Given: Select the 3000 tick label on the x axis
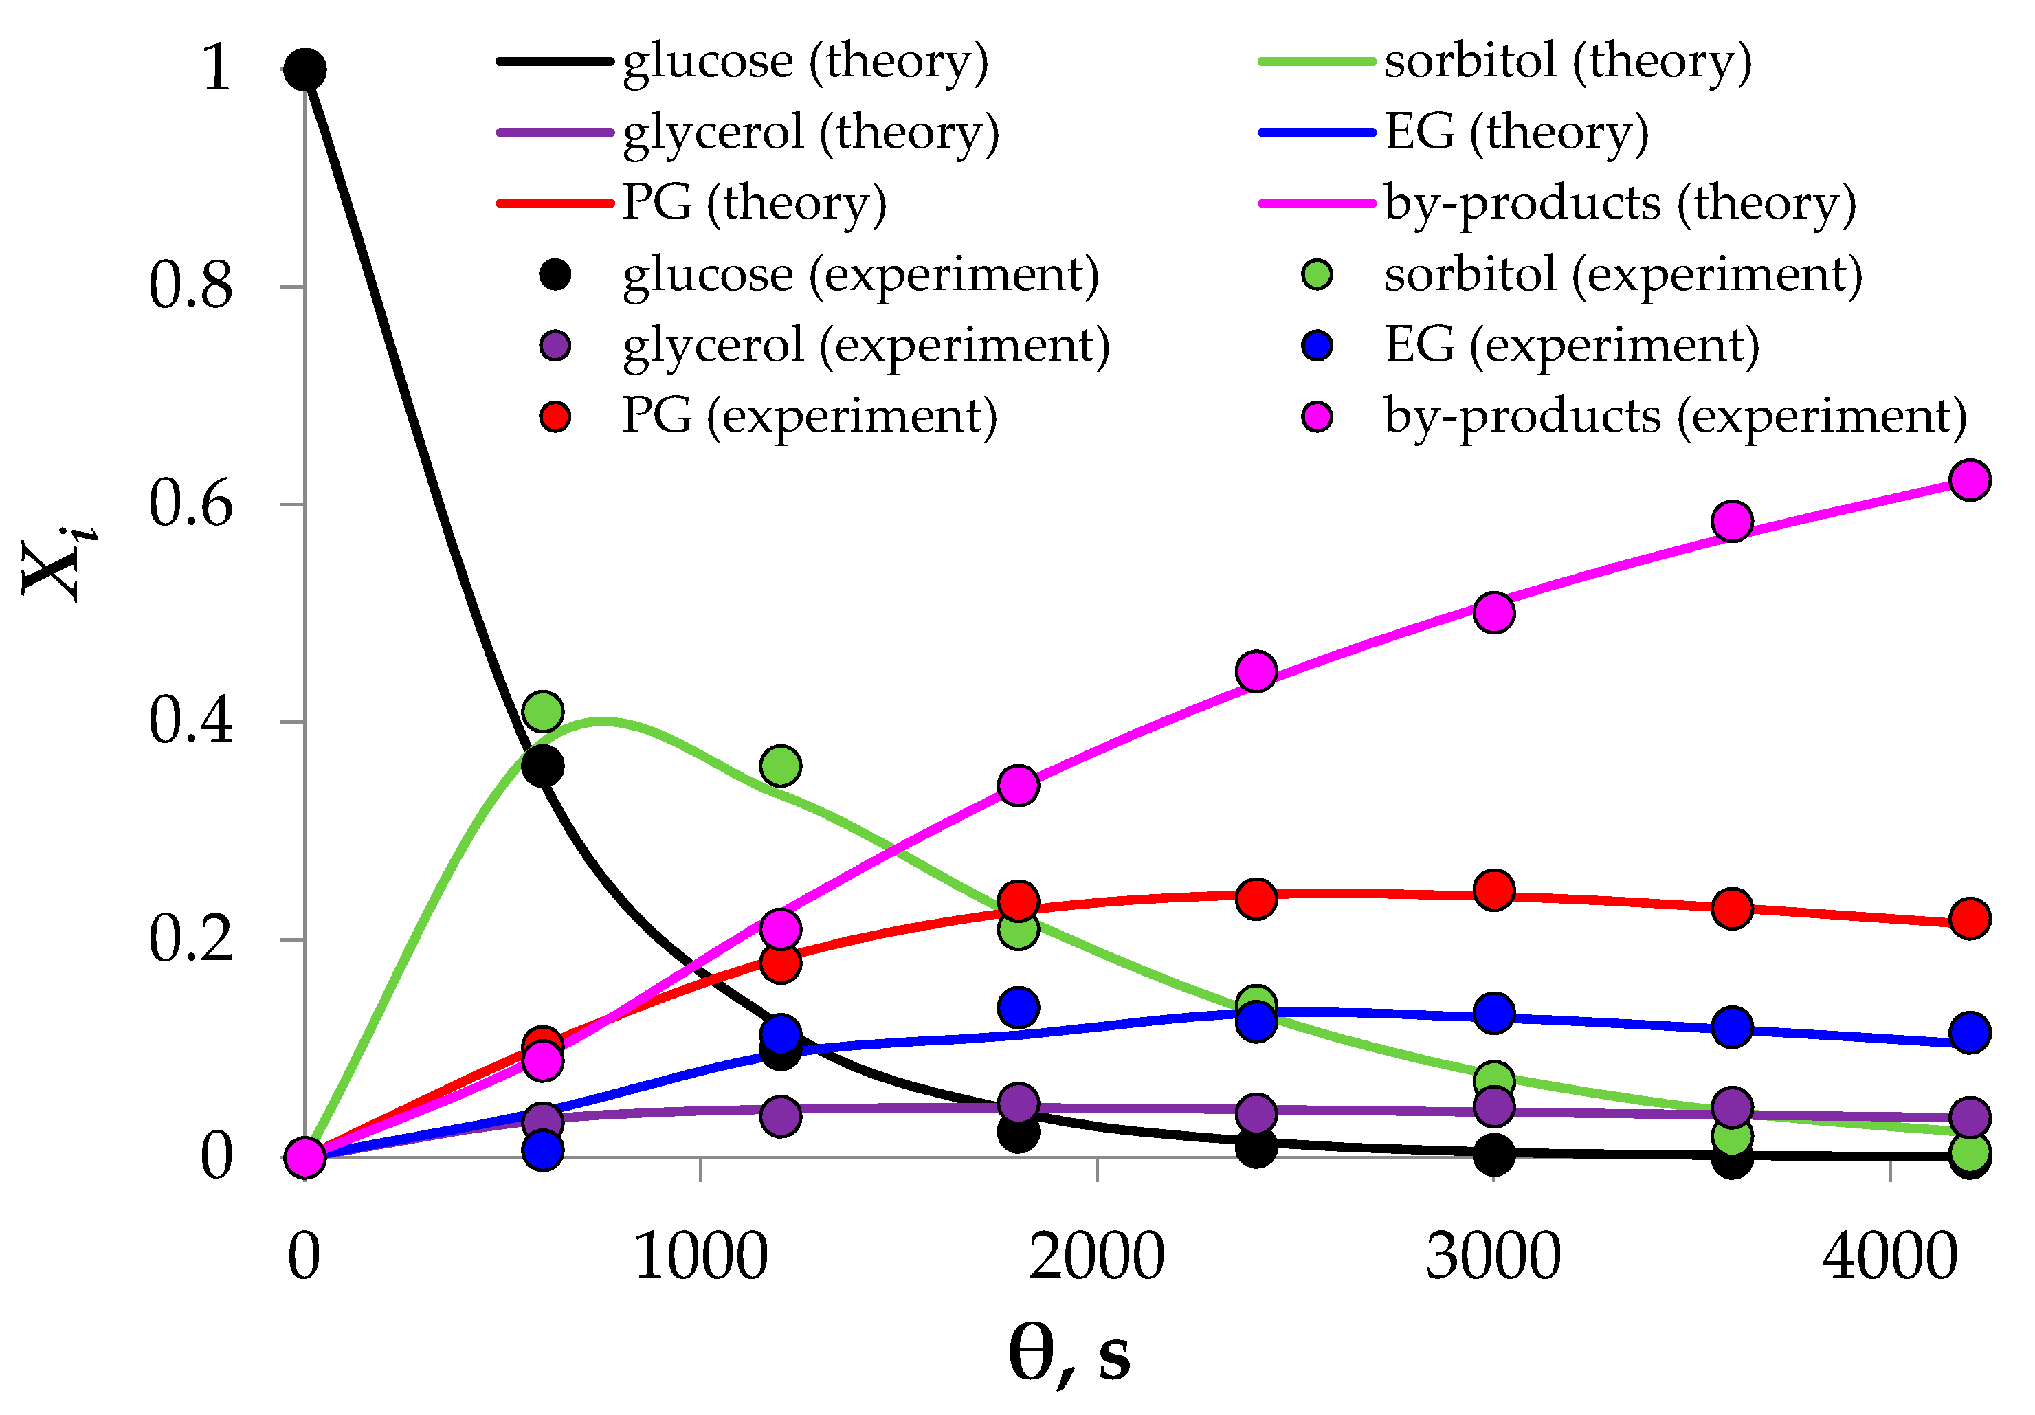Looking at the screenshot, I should click(1493, 1256).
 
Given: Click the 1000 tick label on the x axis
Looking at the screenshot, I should click(701, 1256).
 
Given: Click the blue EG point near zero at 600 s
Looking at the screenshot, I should click(542, 1150).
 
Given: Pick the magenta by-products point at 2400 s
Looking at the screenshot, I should click(1256, 671).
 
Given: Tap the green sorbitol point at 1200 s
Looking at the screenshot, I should click(781, 765).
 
